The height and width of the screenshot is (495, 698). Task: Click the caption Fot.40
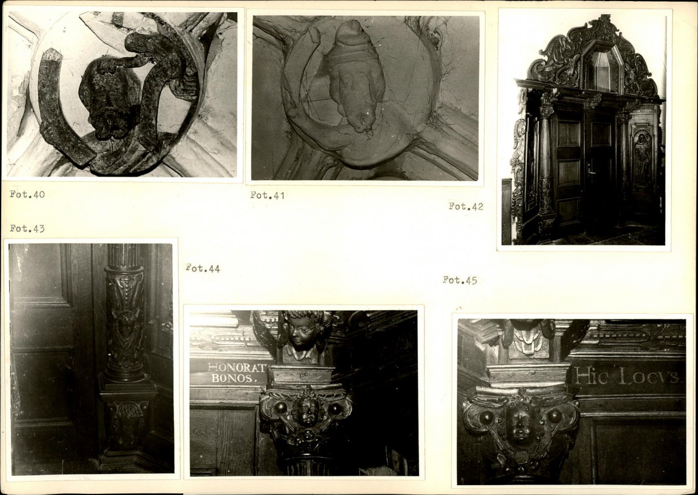click(x=27, y=194)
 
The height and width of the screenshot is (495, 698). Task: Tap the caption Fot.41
click(x=267, y=195)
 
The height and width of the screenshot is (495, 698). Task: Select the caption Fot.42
click(x=466, y=206)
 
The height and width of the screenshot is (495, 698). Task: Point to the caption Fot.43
click(x=27, y=228)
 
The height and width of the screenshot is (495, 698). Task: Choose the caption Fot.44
click(x=203, y=268)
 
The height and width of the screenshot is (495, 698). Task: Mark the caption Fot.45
click(x=460, y=280)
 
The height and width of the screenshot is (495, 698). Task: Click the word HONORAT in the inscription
click(x=236, y=367)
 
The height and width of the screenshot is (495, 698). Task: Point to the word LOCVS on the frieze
click(x=650, y=377)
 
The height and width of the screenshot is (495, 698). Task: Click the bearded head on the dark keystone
click(x=109, y=100)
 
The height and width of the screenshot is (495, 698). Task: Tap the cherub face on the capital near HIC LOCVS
click(x=520, y=424)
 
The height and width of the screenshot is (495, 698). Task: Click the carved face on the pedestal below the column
click(x=127, y=423)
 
